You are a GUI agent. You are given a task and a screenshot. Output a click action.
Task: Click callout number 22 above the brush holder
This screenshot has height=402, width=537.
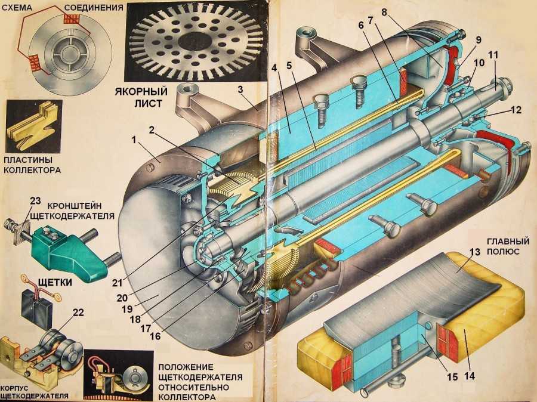click(x=78, y=312)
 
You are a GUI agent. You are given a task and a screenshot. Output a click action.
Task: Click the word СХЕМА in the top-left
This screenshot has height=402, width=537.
click(x=18, y=8)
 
